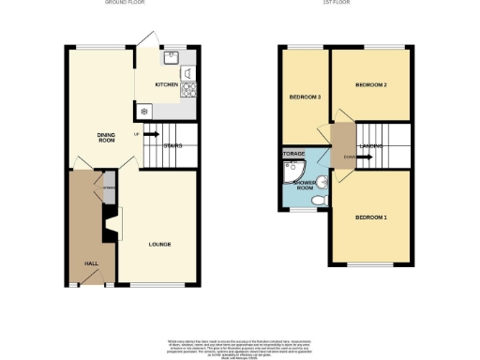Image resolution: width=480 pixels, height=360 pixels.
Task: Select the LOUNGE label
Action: click(x=158, y=245)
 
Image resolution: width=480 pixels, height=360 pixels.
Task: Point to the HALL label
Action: click(x=92, y=263)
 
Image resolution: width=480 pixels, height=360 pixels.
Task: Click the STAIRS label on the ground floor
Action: click(x=172, y=145)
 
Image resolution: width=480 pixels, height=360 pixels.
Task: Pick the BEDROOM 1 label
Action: click(x=370, y=217)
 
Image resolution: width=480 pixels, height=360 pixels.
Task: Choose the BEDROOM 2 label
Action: click(x=371, y=85)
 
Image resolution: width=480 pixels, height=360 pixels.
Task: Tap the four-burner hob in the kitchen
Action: click(x=189, y=89)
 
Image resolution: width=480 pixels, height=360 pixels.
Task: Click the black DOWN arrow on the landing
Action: click(x=359, y=157)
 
